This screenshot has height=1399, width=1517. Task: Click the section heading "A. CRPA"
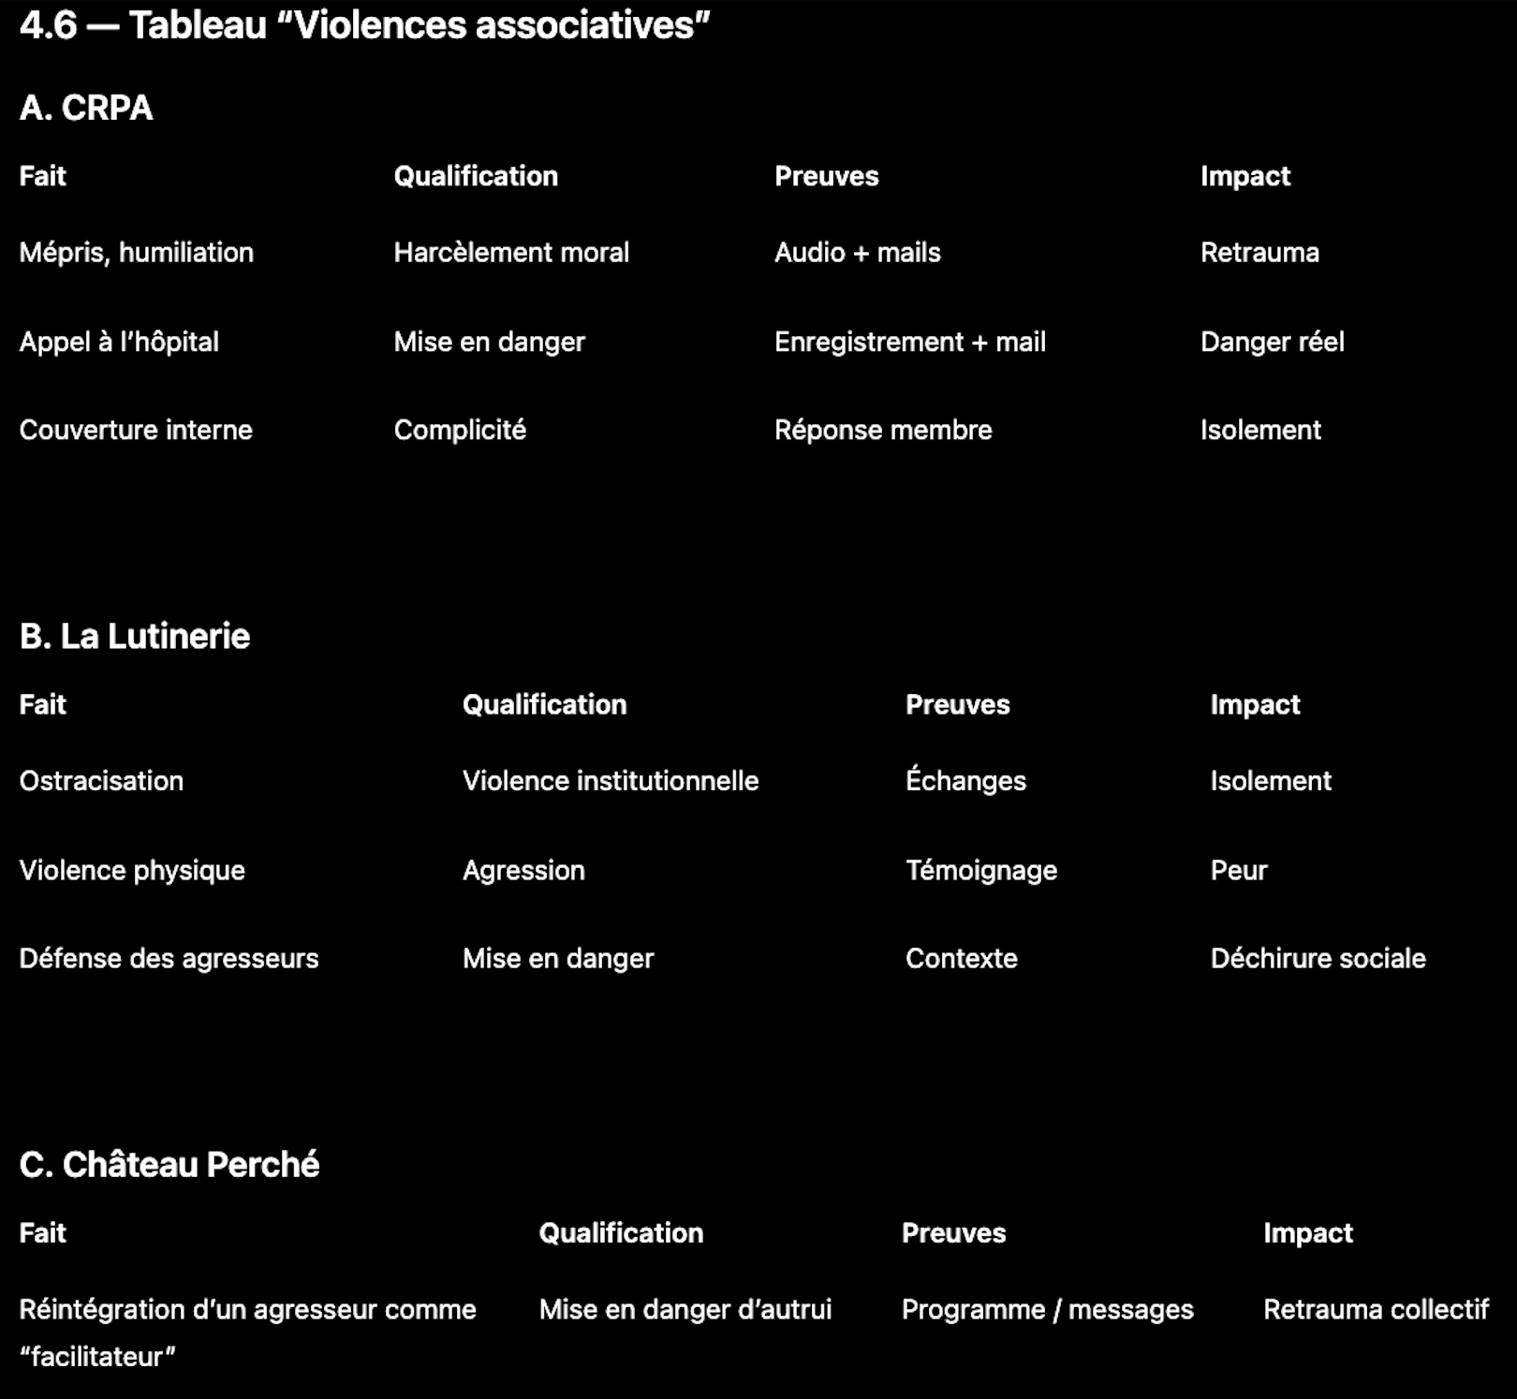(x=86, y=108)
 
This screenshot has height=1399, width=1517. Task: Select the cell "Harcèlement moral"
(x=511, y=252)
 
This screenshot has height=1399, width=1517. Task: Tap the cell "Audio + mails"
(x=857, y=252)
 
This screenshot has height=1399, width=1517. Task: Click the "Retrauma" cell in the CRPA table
(x=1259, y=252)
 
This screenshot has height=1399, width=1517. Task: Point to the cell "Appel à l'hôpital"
(x=119, y=342)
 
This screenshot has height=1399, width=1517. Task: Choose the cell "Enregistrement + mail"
(x=909, y=342)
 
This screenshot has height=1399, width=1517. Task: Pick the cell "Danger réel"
(x=1272, y=342)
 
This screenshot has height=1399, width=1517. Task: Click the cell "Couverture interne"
(x=136, y=430)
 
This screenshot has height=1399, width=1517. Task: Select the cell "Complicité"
(x=460, y=430)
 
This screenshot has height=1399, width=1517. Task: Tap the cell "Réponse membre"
(x=883, y=430)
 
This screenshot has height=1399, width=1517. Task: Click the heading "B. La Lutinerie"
(x=135, y=637)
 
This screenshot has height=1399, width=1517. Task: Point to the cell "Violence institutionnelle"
(x=611, y=781)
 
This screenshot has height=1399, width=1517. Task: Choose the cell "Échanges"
(x=965, y=781)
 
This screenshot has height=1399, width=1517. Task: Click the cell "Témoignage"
(x=980, y=870)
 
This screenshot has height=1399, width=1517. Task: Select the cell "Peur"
(x=1238, y=870)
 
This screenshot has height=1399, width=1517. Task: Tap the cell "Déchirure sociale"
(x=1318, y=958)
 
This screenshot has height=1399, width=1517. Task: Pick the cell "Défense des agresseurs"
(x=169, y=958)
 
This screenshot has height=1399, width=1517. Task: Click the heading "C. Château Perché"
(x=169, y=1165)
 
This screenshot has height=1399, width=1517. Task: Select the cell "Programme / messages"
(x=1047, y=1309)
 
